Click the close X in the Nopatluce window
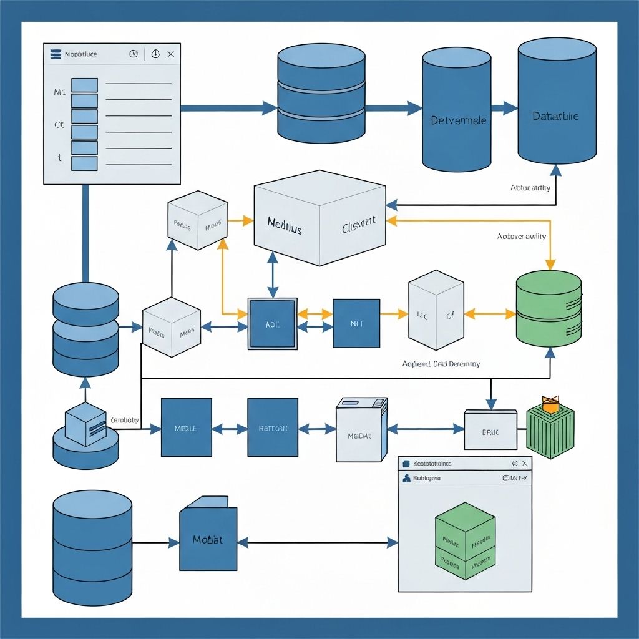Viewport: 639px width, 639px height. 170,54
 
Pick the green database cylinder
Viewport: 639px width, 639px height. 549,309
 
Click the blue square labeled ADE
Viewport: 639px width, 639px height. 273,324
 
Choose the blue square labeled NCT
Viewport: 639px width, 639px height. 356,324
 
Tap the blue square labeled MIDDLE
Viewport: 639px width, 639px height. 186,428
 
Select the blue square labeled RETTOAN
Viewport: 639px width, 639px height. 273,428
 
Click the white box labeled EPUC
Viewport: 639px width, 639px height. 490,430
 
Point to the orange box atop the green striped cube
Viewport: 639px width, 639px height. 550,404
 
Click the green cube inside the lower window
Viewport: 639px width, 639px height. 465,540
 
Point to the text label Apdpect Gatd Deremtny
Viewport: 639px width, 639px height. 441,364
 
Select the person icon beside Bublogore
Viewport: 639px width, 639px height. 407,478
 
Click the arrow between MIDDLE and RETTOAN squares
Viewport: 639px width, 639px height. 230,429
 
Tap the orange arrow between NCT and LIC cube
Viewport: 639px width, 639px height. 394,315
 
